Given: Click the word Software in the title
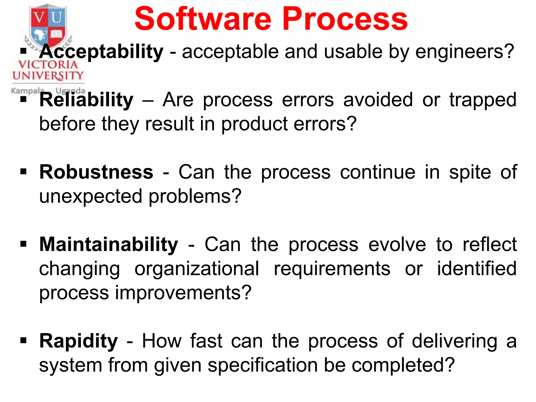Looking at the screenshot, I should [203, 19].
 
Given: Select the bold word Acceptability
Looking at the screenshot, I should [101, 52].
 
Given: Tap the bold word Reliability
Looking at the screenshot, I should [86, 100].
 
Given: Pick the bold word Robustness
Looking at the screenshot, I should [96, 172].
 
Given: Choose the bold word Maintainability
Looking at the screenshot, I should [109, 244].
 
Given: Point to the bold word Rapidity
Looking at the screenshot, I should [79, 341].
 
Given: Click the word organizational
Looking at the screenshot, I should [197, 269].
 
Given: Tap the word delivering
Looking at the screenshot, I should [455, 341].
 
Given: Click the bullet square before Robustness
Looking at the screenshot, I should [24, 172].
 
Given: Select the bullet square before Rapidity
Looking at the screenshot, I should [24, 340].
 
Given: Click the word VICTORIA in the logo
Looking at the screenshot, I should [48, 65].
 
